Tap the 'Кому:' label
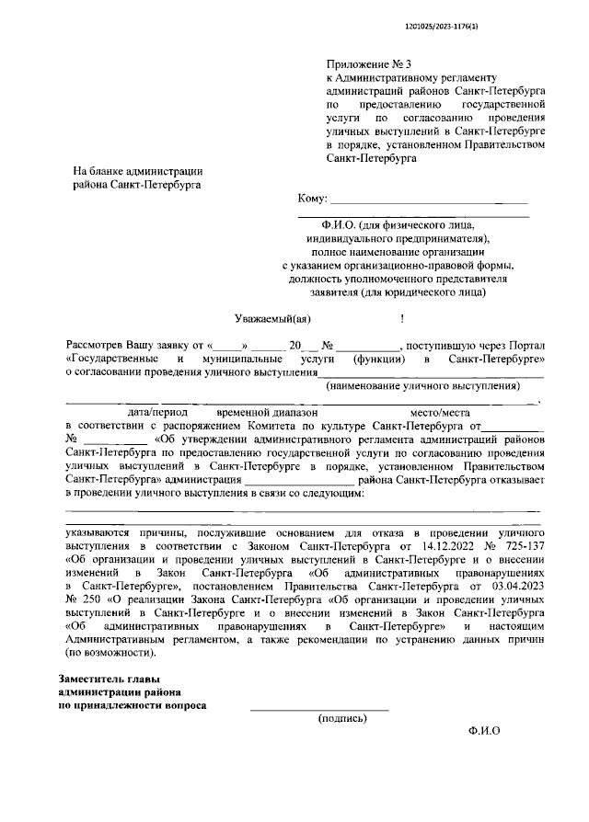point(313,199)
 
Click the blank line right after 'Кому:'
point(429,200)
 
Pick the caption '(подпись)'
point(341,718)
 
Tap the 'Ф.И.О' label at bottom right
point(483,731)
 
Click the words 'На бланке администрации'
point(137,171)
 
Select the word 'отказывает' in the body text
point(520,479)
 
